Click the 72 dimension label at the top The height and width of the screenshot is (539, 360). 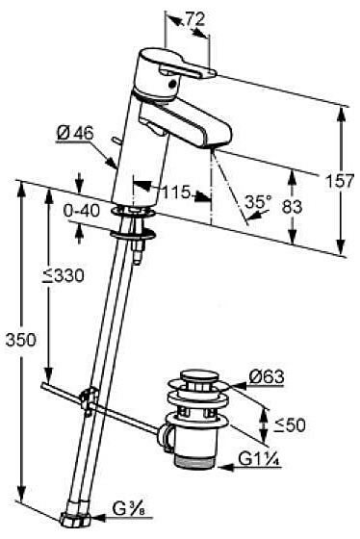pyautogui.click(x=195, y=19)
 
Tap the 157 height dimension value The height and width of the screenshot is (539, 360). pyautogui.click(x=339, y=181)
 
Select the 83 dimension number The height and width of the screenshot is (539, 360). pyautogui.click(x=292, y=207)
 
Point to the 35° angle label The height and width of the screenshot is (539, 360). pyautogui.click(x=258, y=202)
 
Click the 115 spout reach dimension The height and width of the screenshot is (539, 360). pyautogui.click(x=176, y=192)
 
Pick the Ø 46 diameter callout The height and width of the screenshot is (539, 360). pyautogui.click(x=75, y=133)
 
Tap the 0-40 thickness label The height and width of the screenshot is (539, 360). pyautogui.click(x=82, y=211)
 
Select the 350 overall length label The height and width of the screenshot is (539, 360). pyautogui.click(x=20, y=340)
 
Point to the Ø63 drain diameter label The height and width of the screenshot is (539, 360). pyautogui.click(x=267, y=376)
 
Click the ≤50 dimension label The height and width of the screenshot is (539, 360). pyautogui.click(x=290, y=424)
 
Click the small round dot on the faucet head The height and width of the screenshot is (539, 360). pyautogui.click(x=172, y=82)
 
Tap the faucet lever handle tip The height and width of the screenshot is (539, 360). pyautogui.click(x=211, y=72)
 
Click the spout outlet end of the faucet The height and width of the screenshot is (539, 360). pyautogui.click(x=218, y=143)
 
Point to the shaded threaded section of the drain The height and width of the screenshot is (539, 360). pyautogui.click(x=195, y=461)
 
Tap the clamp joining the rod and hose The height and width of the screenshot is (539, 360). pyautogui.click(x=89, y=399)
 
